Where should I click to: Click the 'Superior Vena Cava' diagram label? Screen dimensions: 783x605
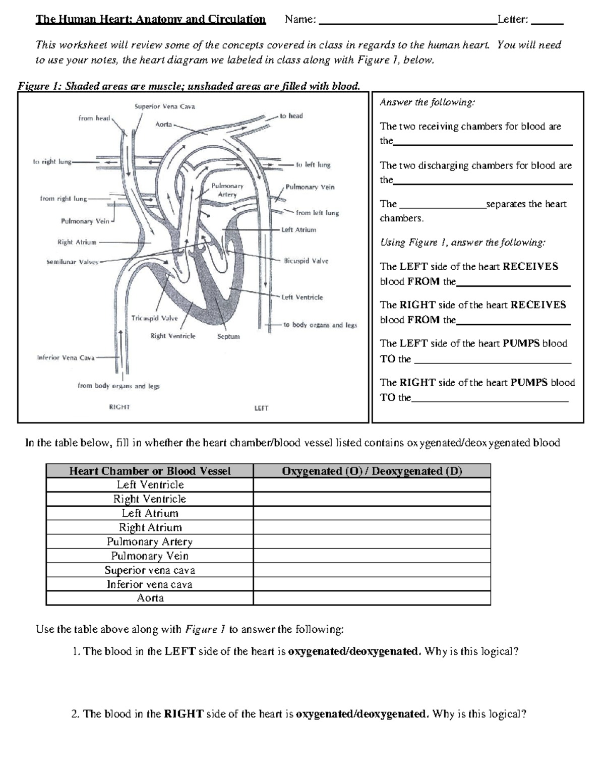pos(164,106)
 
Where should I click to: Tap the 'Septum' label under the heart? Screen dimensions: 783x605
pos(228,336)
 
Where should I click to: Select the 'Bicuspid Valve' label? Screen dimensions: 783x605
pos(306,261)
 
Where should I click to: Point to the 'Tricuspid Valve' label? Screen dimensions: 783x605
pos(154,318)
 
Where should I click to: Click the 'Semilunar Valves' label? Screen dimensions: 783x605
pos(72,262)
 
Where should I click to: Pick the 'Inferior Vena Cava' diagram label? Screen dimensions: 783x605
pos(66,357)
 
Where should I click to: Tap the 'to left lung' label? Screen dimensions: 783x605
pos(313,164)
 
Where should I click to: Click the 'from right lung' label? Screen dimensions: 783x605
pos(64,199)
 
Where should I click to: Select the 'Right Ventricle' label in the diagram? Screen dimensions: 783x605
pos(173,336)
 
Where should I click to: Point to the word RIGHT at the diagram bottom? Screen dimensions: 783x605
pos(119,407)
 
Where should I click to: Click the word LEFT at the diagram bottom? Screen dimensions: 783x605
pos(261,408)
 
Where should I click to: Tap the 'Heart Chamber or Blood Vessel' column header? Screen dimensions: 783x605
pos(150,471)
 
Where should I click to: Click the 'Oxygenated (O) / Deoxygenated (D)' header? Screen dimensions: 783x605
pos(372,471)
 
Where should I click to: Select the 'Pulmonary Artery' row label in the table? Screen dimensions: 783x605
pos(150,541)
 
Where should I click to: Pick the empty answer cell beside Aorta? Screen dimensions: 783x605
pos(372,598)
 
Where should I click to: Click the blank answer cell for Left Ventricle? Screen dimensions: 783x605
pos(372,485)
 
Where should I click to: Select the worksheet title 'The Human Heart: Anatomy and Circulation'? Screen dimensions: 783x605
pos(150,20)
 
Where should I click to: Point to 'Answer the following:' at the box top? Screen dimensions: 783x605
pos(427,102)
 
